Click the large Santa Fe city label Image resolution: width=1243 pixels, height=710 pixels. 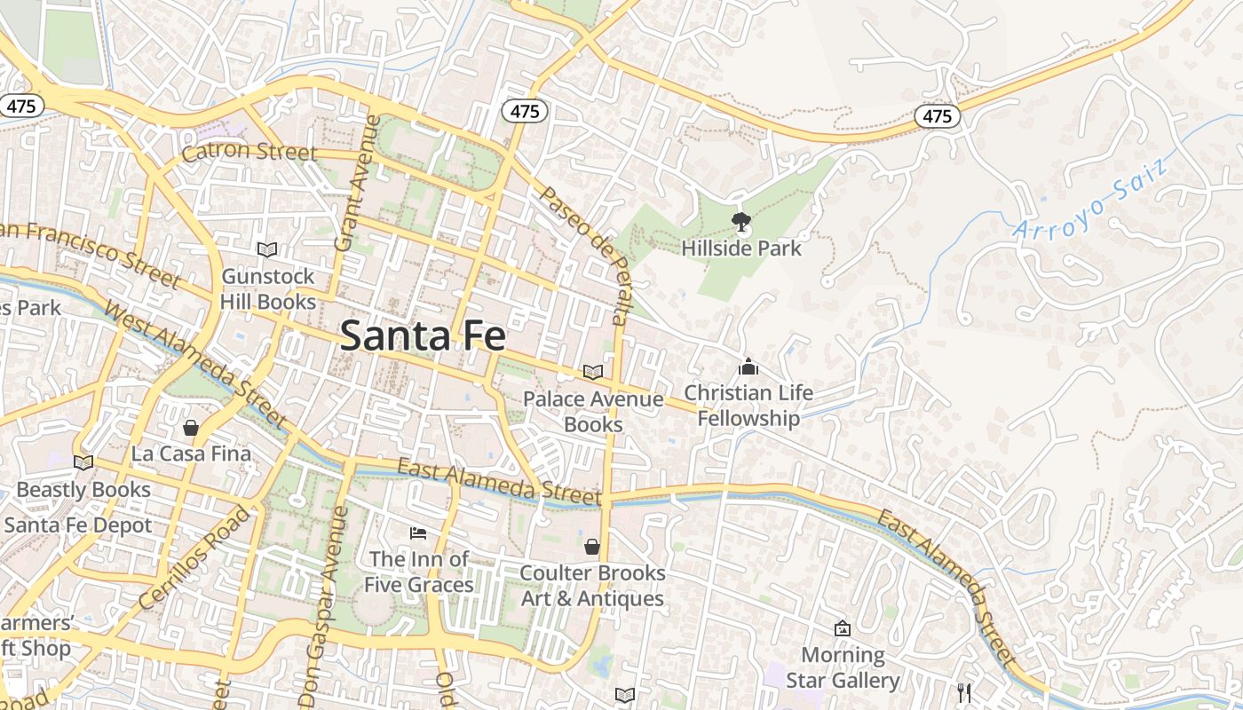click(x=423, y=336)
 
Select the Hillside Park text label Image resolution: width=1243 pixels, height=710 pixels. click(x=741, y=248)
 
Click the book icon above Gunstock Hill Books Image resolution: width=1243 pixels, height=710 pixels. click(x=267, y=250)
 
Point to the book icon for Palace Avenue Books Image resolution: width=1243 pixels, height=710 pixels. click(x=592, y=373)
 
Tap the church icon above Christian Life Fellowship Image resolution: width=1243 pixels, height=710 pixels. click(x=748, y=367)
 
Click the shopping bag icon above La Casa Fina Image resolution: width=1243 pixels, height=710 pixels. click(x=191, y=428)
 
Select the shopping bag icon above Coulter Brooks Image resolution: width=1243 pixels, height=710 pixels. click(x=592, y=547)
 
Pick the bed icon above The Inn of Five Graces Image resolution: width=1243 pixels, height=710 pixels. click(x=418, y=533)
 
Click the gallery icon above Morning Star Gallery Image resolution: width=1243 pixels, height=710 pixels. click(x=843, y=629)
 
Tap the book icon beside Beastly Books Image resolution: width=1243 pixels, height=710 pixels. click(x=83, y=462)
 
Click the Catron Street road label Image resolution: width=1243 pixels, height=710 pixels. click(x=249, y=152)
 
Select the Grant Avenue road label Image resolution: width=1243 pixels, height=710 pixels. click(x=357, y=183)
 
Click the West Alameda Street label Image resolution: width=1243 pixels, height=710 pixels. click(x=195, y=364)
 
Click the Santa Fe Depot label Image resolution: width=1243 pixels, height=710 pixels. click(x=78, y=525)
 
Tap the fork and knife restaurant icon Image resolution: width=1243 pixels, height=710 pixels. click(x=964, y=692)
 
